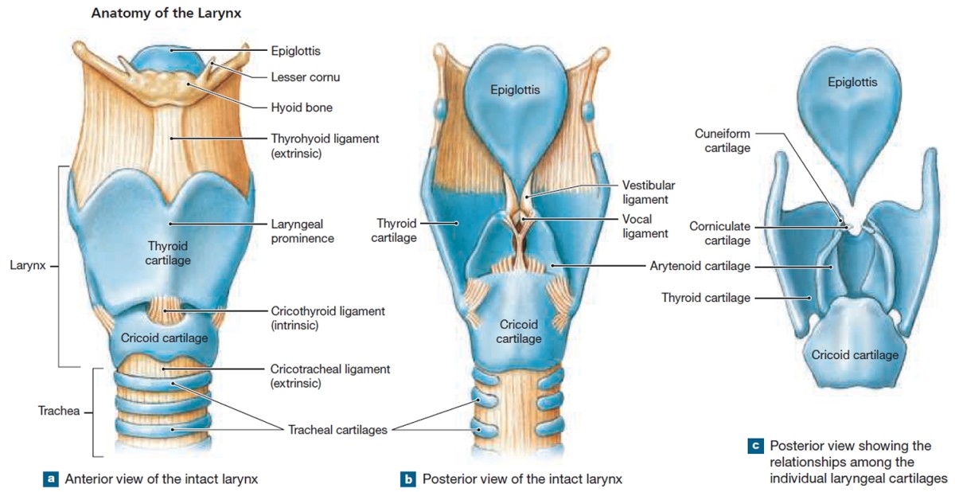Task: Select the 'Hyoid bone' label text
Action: (x=301, y=107)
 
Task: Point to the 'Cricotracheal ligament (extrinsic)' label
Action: (x=329, y=376)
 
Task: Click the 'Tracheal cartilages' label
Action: (x=337, y=430)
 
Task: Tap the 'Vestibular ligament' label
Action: (x=645, y=192)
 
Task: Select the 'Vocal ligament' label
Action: (x=645, y=225)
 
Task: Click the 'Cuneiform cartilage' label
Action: (x=722, y=141)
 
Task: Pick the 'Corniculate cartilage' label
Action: (x=719, y=232)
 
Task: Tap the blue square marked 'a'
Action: (x=51, y=479)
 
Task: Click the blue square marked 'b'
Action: (x=408, y=479)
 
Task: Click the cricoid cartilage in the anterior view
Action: (x=165, y=337)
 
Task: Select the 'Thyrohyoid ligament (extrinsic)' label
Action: (x=325, y=146)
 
